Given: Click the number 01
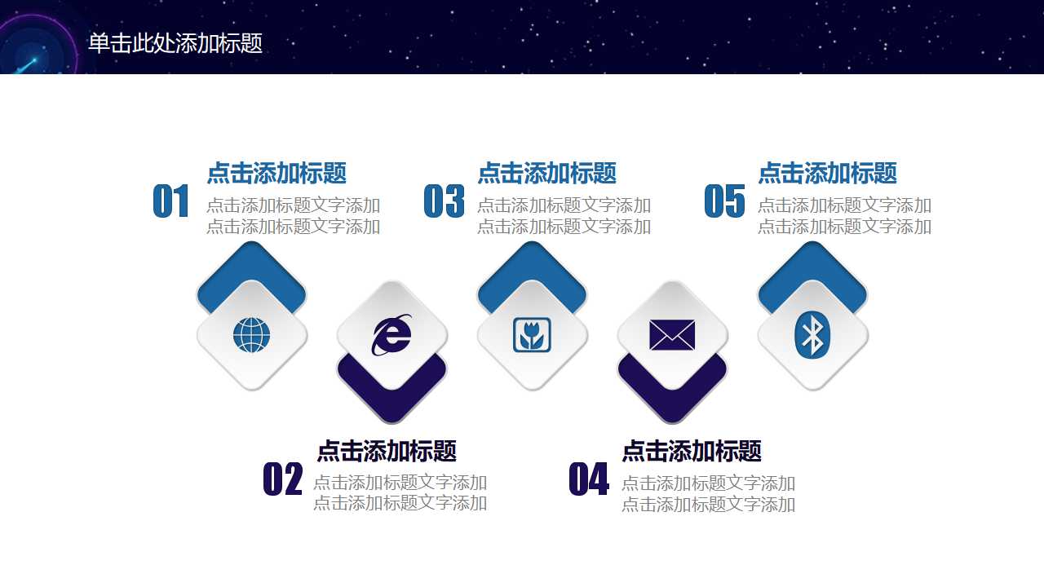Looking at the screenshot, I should coord(171,201).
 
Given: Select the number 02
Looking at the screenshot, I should coord(282,479).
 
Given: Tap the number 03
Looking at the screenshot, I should coord(444,201).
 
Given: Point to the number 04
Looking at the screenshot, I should coord(588,479).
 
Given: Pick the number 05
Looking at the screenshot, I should coord(724,201).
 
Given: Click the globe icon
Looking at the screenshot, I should coord(251,335).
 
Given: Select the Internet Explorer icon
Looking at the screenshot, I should coord(392,334).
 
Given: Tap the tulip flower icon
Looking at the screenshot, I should coord(532,335).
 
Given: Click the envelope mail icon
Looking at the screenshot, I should coord(672,334).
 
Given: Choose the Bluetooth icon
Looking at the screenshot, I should coord(812,335).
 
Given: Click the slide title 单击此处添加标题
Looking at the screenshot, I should coord(175,43).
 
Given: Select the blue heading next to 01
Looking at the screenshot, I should coord(276,173).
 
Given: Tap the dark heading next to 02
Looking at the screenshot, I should coord(386,451).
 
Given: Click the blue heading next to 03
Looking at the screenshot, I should coord(546,173).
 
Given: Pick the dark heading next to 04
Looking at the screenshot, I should coord(691,451).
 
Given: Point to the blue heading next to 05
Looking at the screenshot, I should coord(827,173).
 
